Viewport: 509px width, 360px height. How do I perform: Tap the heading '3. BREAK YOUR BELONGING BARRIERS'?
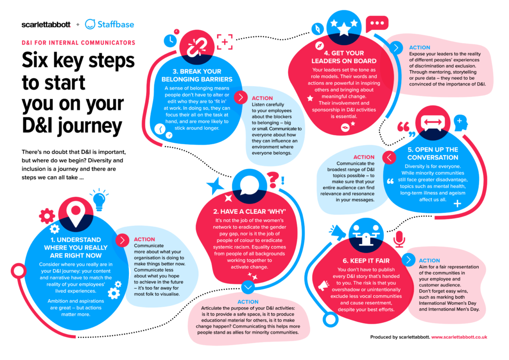[198, 75]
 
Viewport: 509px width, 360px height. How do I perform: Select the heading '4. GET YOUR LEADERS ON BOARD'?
[344, 57]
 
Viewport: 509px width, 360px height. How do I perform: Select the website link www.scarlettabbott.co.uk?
[459, 337]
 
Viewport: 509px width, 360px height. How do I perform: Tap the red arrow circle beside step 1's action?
[122, 240]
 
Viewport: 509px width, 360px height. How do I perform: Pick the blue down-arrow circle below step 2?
[247, 287]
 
